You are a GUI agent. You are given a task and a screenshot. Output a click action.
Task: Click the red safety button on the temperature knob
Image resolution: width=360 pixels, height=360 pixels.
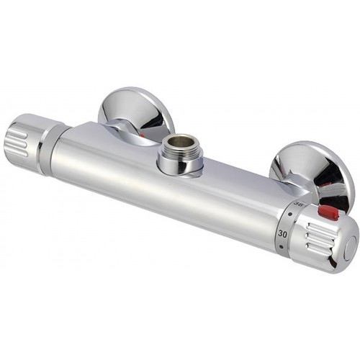pos(328,212)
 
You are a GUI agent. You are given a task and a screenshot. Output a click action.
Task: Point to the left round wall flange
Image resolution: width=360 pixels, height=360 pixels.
pos(137,112)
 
